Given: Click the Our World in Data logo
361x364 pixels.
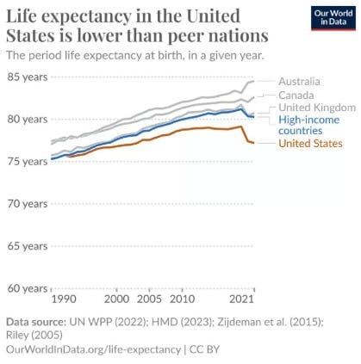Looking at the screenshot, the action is point(333,18).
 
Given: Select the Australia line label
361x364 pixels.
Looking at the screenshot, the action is point(299,82).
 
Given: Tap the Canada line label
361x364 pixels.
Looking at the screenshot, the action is point(296,96).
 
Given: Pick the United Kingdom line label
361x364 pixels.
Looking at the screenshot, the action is point(317,108).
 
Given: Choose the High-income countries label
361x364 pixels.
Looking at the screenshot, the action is point(308,125).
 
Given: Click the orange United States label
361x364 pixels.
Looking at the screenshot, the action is point(310,143).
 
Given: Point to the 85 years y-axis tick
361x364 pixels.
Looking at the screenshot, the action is point(28,77).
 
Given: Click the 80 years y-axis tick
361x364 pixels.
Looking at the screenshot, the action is point(28,119).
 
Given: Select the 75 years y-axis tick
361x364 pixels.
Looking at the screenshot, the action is point(28,162).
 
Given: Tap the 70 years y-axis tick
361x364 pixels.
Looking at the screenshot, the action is point(28,204).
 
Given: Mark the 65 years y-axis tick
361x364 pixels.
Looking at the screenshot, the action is point(28,246).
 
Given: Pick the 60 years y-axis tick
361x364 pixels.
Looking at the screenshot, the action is point(28,288).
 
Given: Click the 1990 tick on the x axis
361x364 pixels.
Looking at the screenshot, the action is point(64,299).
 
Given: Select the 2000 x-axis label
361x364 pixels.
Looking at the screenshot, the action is point(116,299).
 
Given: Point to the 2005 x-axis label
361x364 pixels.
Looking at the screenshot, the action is point(149,299).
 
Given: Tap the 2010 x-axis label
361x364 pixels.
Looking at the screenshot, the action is point(182,299).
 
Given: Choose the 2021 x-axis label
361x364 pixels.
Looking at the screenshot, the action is point(242,299).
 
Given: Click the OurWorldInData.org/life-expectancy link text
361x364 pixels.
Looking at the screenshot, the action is point(93,349).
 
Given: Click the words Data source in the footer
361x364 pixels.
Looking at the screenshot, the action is point(36,322).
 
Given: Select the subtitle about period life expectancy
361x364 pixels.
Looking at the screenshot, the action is point(135,55).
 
